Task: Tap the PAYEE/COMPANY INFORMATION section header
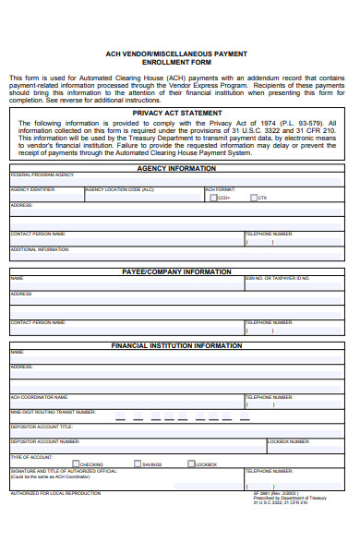pos(176,272)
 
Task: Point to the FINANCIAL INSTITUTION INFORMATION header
pos(176,345)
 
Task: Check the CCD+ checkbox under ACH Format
pos(213,198)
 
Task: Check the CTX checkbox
pos(253,198)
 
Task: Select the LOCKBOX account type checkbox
pos(191,464)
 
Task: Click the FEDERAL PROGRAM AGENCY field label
pos(42,175)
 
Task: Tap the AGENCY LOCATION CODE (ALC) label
pos(119,189)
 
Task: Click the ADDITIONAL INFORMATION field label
pos(40,249)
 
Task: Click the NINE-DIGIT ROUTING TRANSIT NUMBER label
pos(53,412)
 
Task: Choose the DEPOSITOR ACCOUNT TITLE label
pos(42,427)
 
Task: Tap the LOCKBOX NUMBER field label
pos(291,441)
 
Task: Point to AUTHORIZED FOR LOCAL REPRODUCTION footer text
pos(55,493)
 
